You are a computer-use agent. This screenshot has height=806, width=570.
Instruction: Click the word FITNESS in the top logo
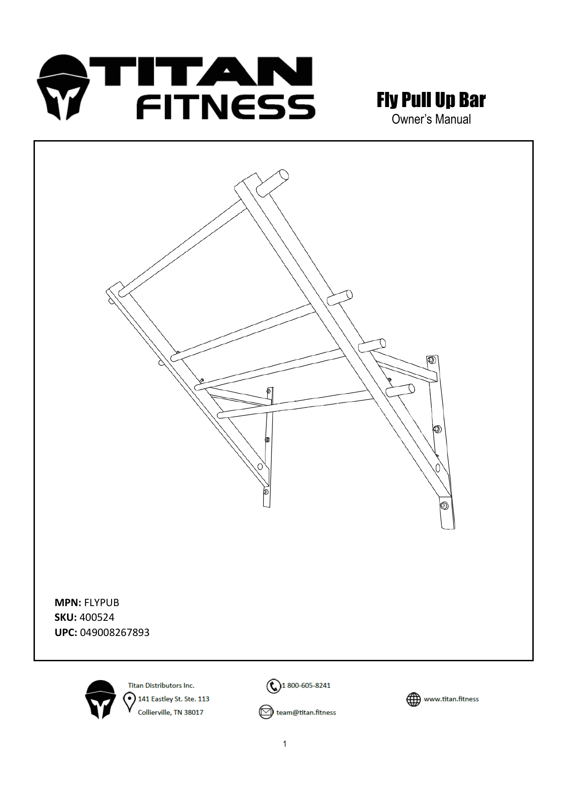226,107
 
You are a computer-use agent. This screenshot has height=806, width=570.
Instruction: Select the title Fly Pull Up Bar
431,100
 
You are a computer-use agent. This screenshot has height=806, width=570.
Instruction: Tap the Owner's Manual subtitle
431,119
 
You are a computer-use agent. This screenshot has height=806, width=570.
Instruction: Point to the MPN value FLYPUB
102,602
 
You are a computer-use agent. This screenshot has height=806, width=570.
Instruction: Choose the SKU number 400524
97,617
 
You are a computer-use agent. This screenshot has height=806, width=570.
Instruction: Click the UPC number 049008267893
115,632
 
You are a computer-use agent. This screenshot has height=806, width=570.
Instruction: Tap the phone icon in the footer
273,686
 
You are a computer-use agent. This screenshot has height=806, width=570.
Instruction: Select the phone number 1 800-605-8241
306,686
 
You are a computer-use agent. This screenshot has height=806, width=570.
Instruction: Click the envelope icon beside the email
266,712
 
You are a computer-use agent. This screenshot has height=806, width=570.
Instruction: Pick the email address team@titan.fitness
306,712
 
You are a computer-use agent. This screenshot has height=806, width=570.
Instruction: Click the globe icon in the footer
413,699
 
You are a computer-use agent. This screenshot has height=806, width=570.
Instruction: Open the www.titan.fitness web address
451,699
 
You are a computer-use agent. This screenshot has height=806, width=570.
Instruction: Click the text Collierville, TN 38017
170,712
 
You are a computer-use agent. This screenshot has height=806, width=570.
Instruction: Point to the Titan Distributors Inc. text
161,686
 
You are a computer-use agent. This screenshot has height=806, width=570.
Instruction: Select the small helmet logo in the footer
101,699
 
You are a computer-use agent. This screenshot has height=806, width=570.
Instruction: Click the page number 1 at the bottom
285,744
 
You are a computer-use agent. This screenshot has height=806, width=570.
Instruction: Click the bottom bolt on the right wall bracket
444,506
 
